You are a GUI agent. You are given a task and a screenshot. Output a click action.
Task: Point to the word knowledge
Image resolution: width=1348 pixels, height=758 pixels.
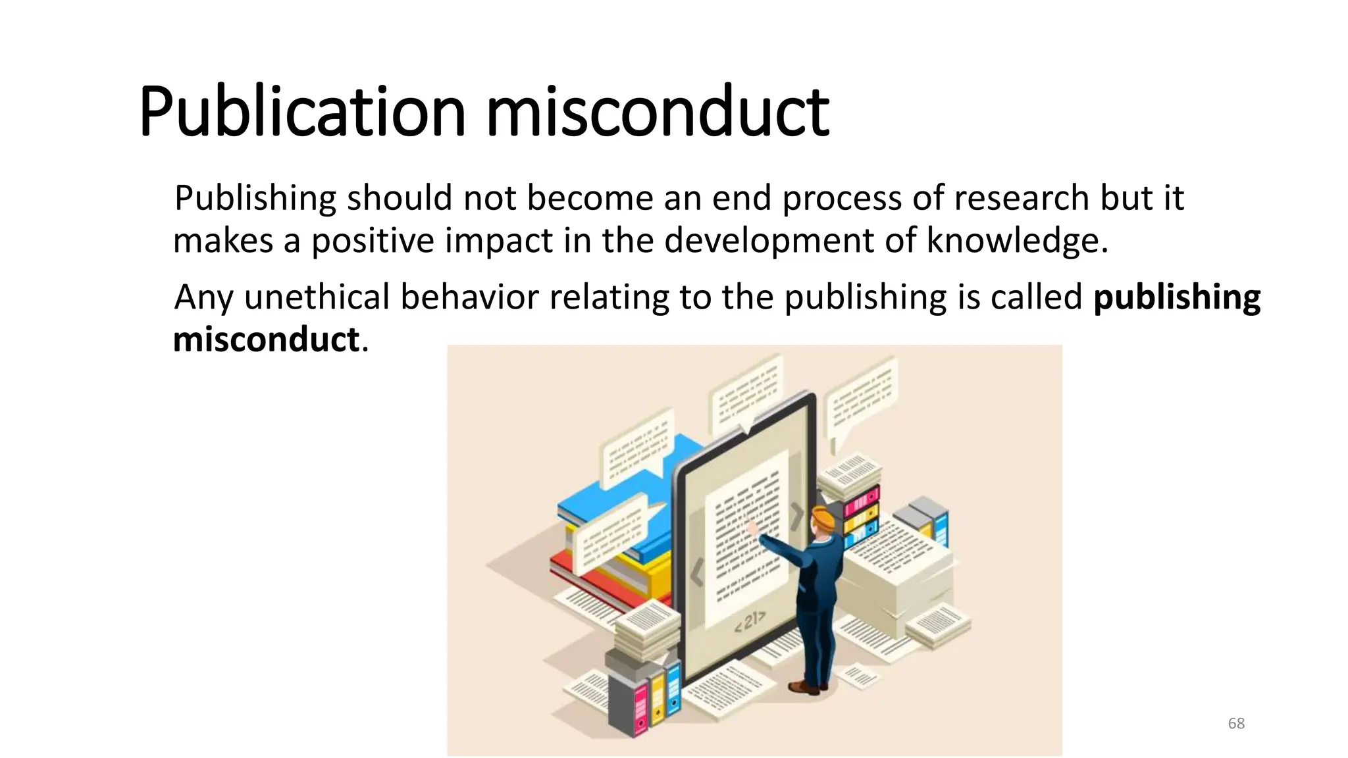tap(1017, 240)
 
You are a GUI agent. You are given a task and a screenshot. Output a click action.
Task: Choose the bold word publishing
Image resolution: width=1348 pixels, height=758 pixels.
tap(1177, 297)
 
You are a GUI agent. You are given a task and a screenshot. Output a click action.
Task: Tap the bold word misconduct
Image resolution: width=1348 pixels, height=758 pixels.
tap(266, 340)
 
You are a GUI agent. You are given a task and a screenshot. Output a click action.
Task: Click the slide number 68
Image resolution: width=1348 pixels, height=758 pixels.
tap(1236, 724)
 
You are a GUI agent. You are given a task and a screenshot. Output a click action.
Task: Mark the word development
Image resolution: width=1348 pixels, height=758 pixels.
tap(768, 241)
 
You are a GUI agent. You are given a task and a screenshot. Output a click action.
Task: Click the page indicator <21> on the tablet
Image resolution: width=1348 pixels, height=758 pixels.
tap(750, 620)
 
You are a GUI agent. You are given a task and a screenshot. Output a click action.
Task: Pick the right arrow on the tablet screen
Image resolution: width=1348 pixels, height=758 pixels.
tap(797, 515)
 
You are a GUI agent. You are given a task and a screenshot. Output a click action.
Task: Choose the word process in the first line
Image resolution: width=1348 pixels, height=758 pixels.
tap(841, 198)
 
